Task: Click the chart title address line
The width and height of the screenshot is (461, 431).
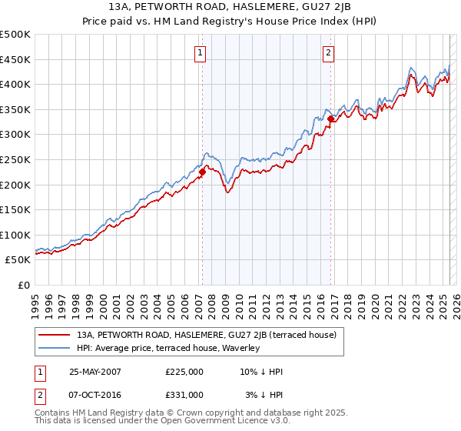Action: click(230, 7)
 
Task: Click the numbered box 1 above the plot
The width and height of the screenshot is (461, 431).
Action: click(200, 53)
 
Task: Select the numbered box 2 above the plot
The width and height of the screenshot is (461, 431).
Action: click(328, 53)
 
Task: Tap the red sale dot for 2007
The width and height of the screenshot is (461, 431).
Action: click(203, 172)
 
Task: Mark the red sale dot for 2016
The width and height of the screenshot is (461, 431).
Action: click(331, 119)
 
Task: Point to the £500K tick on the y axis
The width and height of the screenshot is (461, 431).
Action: click(15, 35)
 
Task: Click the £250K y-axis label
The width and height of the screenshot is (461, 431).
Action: click(15, 159)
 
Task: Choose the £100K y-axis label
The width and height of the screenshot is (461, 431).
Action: click(15, 235)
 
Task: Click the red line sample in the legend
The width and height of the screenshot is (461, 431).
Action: click(55, 335)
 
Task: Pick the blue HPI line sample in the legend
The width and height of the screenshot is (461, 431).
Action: click(55, 348)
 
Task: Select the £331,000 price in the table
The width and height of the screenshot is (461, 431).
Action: click(184, 394)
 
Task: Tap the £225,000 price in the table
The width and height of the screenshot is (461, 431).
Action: click(184, 372)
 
